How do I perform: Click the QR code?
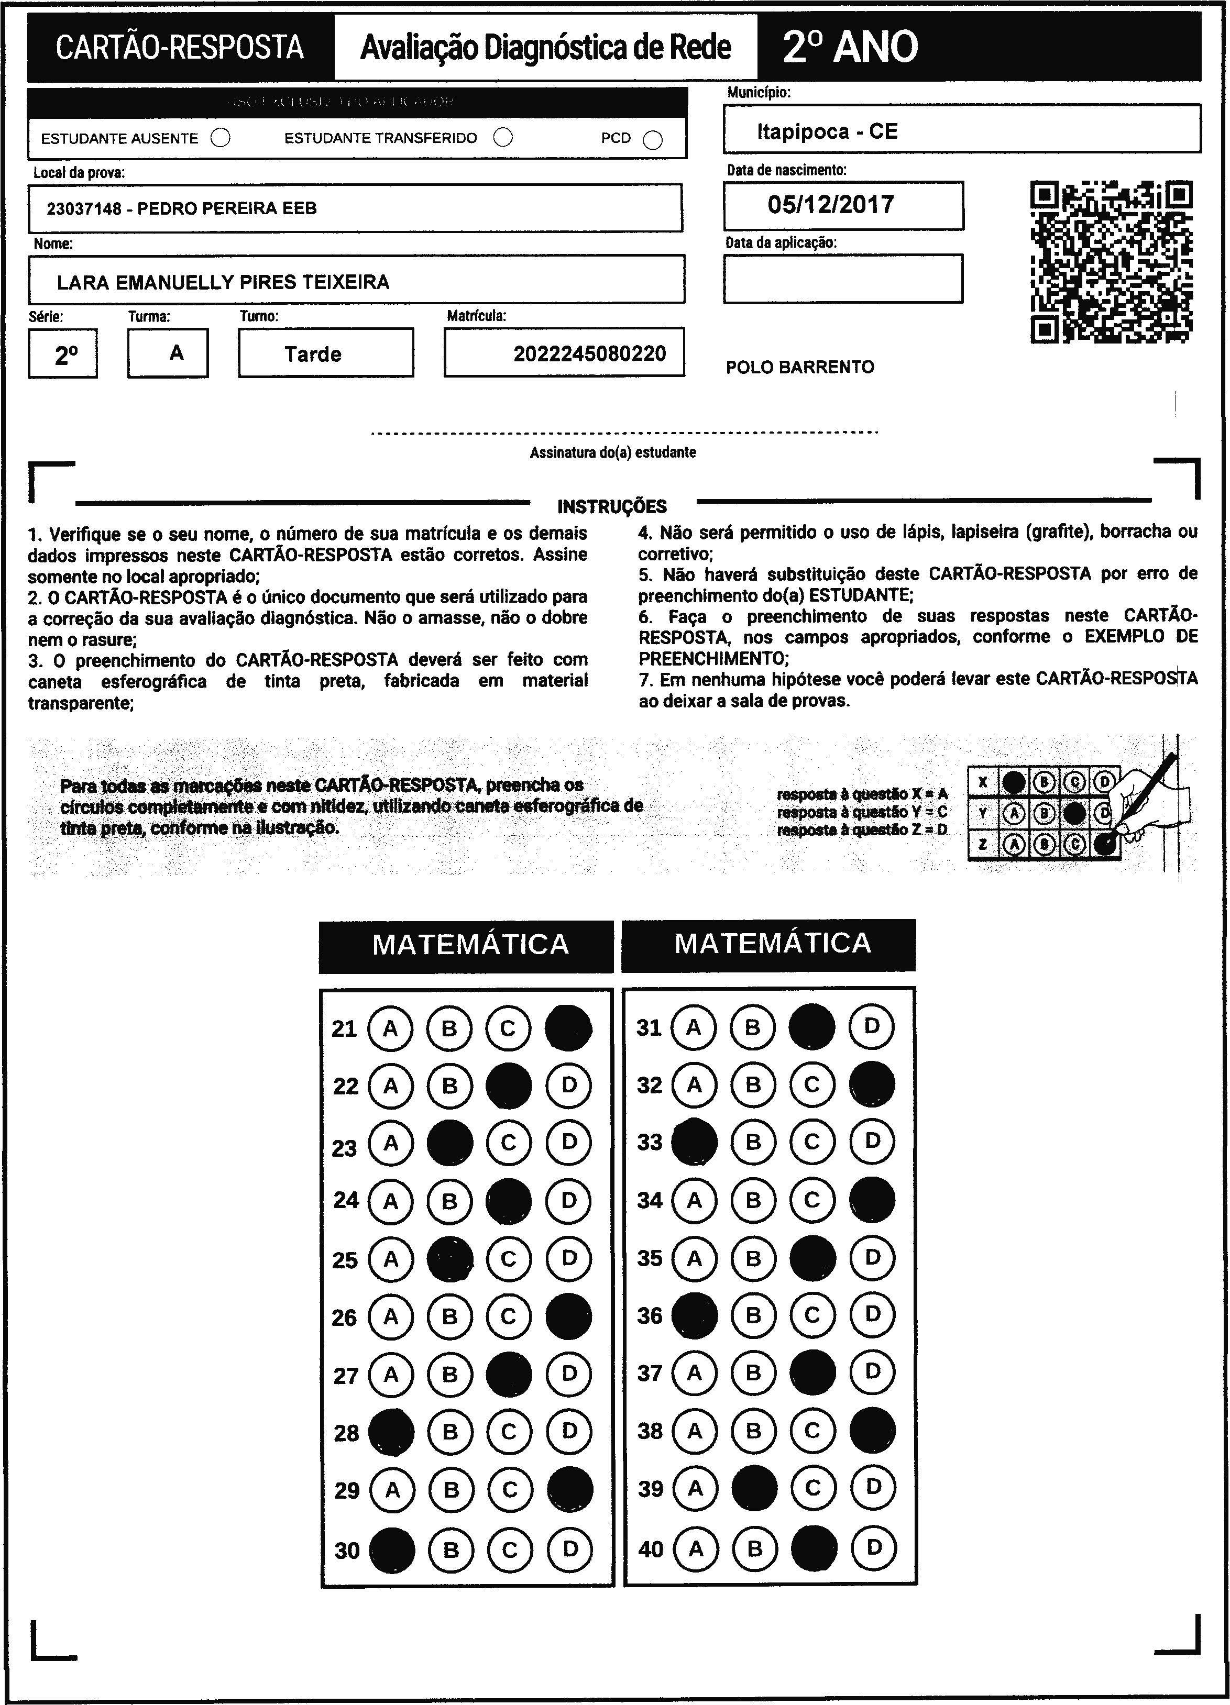coord(1111,262)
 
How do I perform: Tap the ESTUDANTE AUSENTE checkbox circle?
coord(221,138)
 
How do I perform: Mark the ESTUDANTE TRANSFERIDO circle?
coord(503,138)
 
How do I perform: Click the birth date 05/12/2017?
coord(831,204)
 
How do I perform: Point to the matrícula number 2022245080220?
coord(589,353)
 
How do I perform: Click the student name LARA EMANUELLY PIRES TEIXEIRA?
coord(223,283)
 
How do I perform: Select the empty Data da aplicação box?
coord(843,279)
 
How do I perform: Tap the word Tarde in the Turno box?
coord(313,354)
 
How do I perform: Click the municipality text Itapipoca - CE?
coord(827,131)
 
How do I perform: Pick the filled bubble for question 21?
coord(568,1028)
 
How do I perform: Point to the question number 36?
coord(650,1315)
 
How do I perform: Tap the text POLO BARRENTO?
coord(800,368)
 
